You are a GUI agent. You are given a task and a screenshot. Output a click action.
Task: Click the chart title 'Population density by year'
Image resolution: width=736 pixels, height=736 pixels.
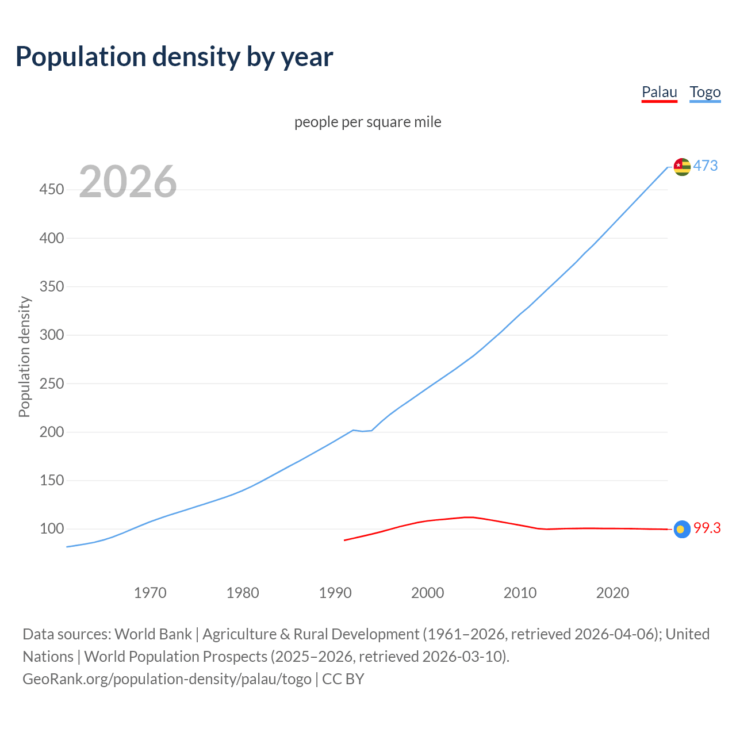(x=174, y=57)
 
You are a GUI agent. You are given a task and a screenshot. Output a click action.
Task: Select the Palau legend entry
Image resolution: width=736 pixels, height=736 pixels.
(x=659, y=92)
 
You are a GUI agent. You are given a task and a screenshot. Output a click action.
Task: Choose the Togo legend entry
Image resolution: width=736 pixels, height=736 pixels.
(x=705, y=92)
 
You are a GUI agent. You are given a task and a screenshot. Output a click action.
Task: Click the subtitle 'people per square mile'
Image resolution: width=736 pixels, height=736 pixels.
(x=367, y=122)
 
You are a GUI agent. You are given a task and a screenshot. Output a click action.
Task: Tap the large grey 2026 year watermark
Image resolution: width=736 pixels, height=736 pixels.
(x=128, y=182)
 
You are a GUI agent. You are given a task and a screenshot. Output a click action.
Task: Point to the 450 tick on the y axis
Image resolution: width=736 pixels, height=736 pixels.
(x=51, y=189)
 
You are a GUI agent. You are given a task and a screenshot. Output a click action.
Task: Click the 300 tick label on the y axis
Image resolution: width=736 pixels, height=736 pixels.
(x=51, y=335)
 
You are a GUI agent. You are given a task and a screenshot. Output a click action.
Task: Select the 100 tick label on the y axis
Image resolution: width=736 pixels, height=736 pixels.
(x=51, y=528)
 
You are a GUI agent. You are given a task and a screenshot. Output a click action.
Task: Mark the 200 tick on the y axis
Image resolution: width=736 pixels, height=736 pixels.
(x=51, y=432)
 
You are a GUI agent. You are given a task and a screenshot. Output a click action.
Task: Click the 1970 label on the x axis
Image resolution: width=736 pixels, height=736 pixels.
(x=150, y=592)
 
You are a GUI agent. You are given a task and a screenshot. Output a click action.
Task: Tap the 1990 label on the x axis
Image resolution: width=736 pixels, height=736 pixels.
(x=335, y=592)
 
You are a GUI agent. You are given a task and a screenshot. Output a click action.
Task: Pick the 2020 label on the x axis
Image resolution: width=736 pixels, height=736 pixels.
(x=612, y=592)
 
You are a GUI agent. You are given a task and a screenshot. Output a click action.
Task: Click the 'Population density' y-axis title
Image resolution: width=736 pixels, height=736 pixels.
(x=24, y=356)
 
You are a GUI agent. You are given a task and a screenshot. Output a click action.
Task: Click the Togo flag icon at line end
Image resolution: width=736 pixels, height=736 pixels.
(x=682, y=167)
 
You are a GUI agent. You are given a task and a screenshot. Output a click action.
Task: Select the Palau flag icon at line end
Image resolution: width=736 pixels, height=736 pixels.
(x=682, y=529)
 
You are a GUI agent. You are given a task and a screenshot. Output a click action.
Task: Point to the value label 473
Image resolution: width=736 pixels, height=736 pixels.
(x=706, y=166)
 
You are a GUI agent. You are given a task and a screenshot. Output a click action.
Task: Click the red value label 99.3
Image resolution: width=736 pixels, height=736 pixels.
(x=707, y=528)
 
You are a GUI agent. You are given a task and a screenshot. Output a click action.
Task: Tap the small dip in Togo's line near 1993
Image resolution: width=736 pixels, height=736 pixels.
(x=363, y=431)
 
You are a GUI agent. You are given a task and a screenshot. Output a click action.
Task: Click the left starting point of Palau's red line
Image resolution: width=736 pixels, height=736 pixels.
(x=344, y=540)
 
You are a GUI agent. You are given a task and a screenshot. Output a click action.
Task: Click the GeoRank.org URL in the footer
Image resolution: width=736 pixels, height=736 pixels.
(x=167, y=678)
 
